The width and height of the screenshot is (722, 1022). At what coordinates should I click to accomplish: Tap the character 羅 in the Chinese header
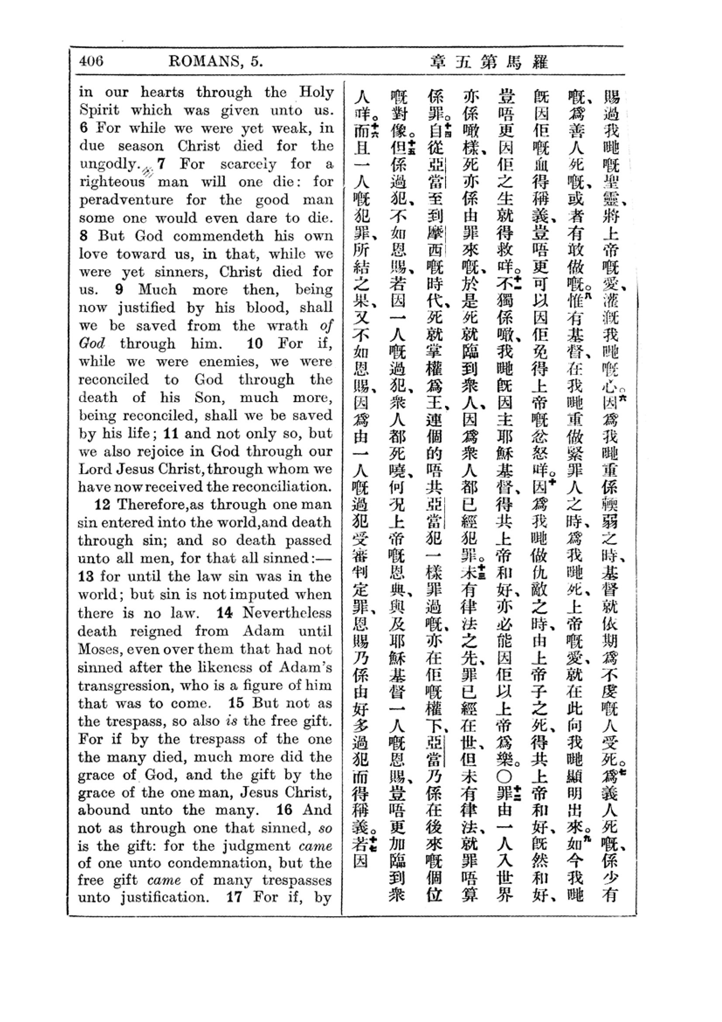click(x=540, y=62)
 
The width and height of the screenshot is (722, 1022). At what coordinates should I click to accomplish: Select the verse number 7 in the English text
click(x=162, y=164)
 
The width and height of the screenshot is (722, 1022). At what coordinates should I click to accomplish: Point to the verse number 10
click(x=255, y=343)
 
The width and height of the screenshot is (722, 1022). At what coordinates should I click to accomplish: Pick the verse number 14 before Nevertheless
click(x=225, y=613)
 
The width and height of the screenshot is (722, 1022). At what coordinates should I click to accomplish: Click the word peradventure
click(x=126, y=200)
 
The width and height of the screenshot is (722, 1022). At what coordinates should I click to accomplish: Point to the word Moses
click(x=99, y=648)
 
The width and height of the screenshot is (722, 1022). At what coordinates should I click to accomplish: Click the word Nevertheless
click(x=287, y=613)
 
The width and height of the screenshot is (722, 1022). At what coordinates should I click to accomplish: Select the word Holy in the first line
click(x=316, y=92)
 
